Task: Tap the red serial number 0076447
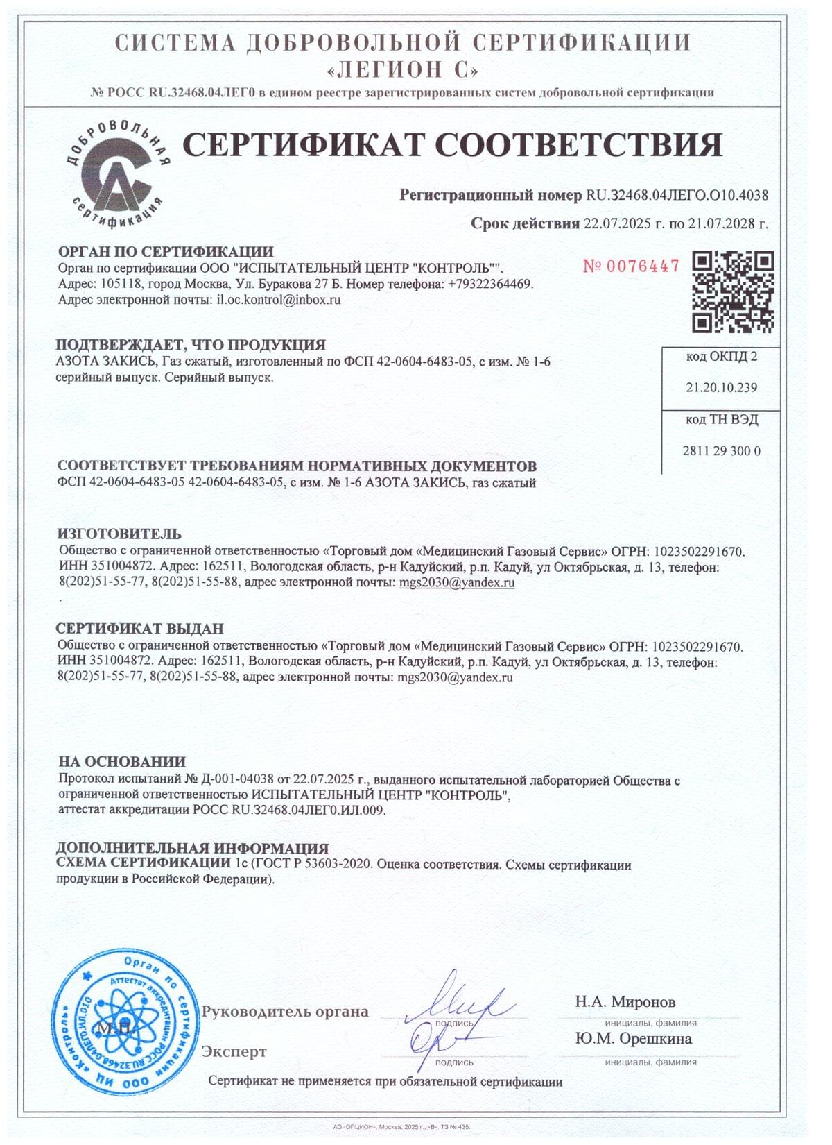click(x=631, y=266)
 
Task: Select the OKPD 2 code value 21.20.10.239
click(x=721, y=387)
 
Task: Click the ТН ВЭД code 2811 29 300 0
click(x=721, y=451)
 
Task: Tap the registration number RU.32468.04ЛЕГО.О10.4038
click(x=677, y=195)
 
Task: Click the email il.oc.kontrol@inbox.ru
click(x=279, y=300)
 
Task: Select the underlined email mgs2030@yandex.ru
click(x=457, y=583)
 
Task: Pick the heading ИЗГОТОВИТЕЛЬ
click(x=119, y=534)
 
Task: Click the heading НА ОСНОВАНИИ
click(x=122, y=762)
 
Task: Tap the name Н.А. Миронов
click(x=625, y=1001)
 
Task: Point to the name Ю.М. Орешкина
click(x=633, y=1039)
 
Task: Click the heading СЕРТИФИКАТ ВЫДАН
click(x=139, y=629)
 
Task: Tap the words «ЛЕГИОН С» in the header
click(x=402, y=70)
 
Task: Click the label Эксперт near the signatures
click(x=234, y=1052)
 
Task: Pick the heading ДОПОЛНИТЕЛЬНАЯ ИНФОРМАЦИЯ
click(x=192, y=848)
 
